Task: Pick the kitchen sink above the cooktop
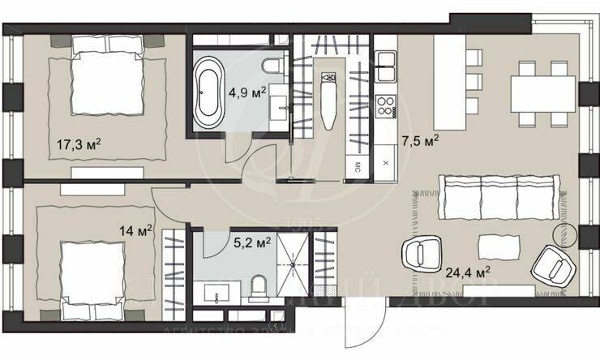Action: point(384,62)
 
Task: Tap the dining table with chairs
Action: point(542,96)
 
